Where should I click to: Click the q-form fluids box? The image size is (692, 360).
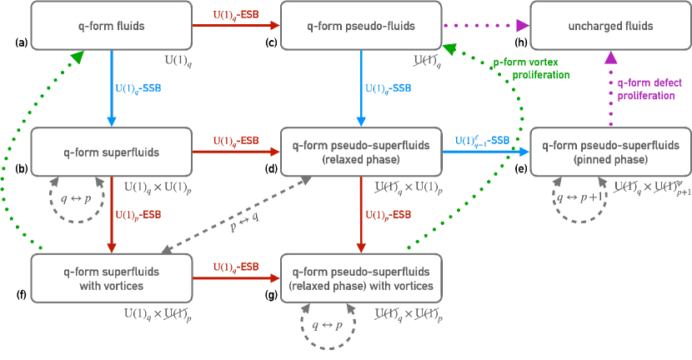coord(111,26)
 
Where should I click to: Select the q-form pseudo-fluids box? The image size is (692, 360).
coord(360,26)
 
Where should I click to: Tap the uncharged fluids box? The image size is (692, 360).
coord(611,26)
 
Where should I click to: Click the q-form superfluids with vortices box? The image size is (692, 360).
coord(111,278)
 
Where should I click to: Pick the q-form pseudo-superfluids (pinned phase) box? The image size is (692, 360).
coord(611,152)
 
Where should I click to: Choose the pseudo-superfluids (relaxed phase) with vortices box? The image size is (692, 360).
coord(360,278)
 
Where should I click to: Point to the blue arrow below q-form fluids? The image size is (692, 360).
coord(111,87)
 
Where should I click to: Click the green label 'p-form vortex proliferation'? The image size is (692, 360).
coord(531,68)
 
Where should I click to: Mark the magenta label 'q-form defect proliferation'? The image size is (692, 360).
coord(647,89)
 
